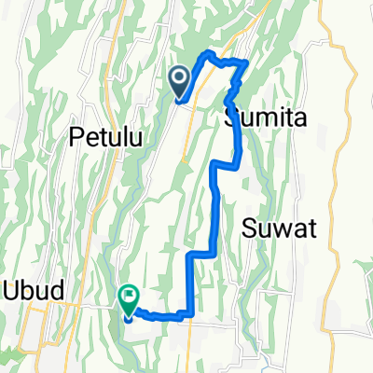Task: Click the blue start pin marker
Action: click(x=181, y=80)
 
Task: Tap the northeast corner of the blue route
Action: click(x=246, y=62)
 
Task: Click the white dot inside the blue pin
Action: click(x=181, y=76)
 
